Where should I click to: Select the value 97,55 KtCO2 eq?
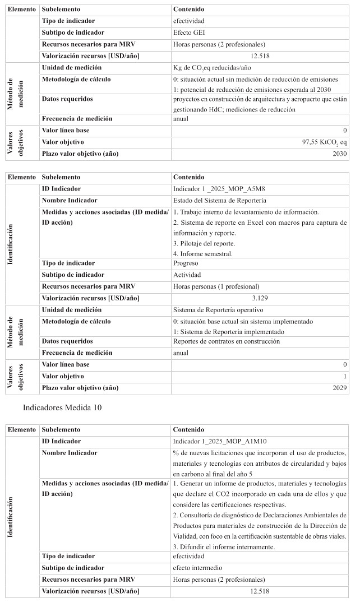(x=324, y=142)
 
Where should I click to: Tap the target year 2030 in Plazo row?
(x=340, y=154)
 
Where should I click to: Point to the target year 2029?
(x=340, y=388)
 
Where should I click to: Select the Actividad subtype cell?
(x=188, y=275)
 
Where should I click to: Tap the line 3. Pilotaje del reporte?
(x=204, y=243)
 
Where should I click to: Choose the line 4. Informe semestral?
(x=202, y=253)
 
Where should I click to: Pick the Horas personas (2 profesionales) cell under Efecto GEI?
(x=219, y=44)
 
